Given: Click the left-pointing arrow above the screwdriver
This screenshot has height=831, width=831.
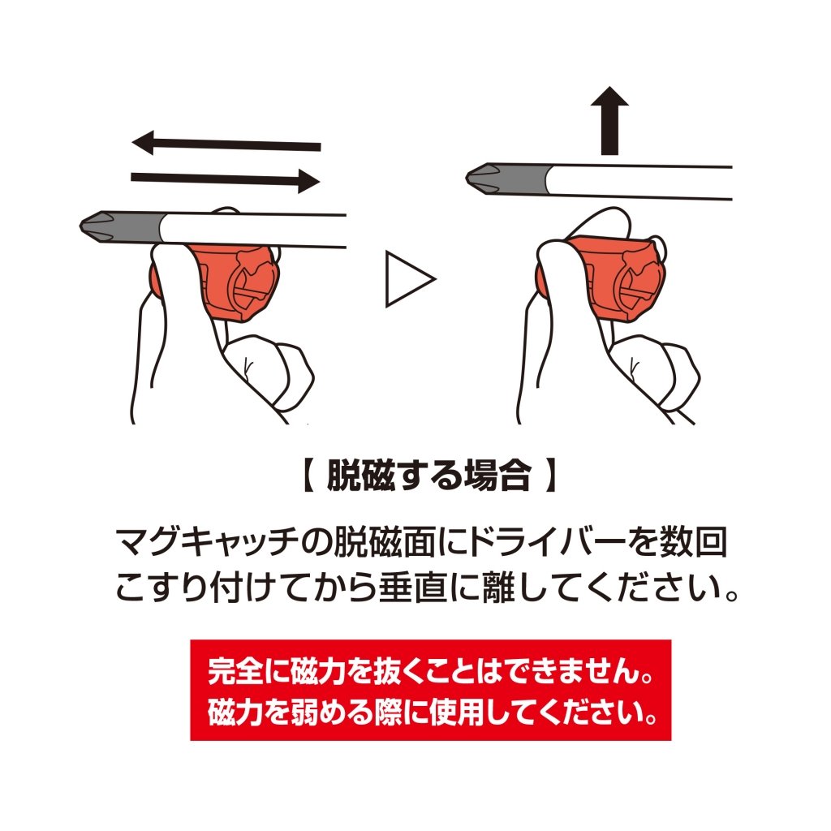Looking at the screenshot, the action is click(226, 144).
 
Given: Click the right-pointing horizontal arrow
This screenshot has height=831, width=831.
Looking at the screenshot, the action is click(226, 179).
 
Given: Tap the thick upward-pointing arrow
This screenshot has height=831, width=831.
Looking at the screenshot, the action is click(610, 120).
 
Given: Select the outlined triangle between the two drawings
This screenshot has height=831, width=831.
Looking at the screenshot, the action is click(410, 279).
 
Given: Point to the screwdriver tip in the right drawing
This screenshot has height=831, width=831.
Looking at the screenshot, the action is click(506, 178).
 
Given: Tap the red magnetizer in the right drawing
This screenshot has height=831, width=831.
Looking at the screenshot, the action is click(609, 277).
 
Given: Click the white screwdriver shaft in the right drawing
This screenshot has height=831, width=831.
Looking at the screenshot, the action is click(639, 183).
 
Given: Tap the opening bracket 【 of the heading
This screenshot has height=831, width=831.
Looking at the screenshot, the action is click(308, 475).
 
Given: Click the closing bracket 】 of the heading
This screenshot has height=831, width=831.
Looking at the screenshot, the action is click(551, 475).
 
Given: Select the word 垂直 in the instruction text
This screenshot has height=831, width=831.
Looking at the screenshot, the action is click(413, 588).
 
